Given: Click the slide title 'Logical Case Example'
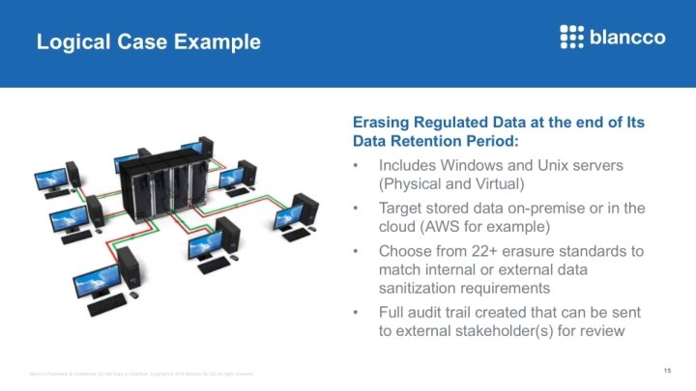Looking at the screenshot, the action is pos(148,42).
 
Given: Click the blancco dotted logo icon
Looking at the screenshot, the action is pos(572,37).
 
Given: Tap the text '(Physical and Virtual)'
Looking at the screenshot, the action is pos(451,183).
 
